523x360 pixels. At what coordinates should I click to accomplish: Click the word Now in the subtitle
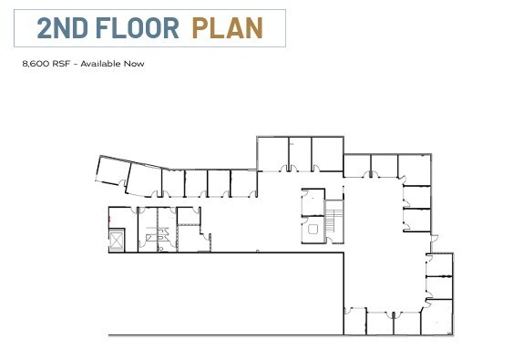point(134,64)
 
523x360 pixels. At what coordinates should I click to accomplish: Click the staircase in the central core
point(334,220)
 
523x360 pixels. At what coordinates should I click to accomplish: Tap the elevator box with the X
point(115,241)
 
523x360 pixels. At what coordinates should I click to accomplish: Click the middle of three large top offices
point(300,152)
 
